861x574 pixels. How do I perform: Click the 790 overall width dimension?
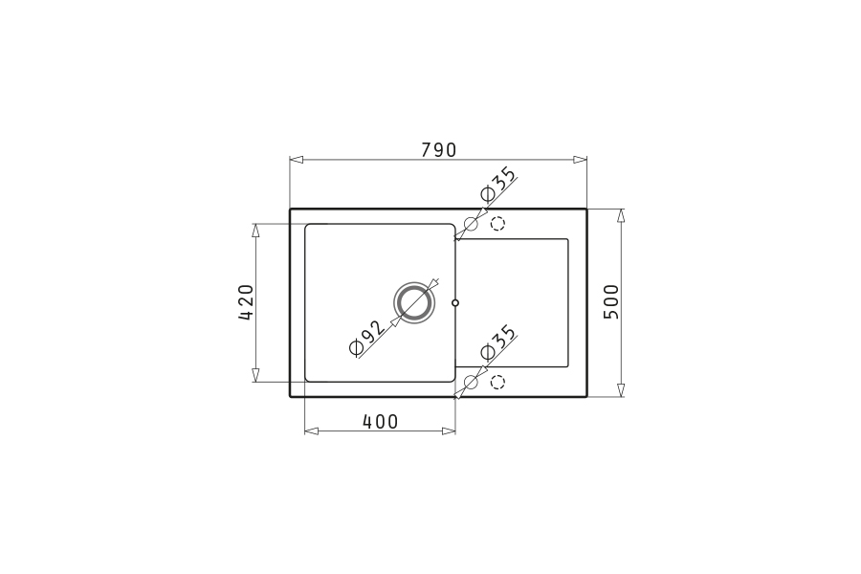(x=438, y=149)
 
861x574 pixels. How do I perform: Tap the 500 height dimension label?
(x=610, y=301)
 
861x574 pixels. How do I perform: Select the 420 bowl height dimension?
(x=246, y=302)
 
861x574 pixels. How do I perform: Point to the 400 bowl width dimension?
(x=380, y=421)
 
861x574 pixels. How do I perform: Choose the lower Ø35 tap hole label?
(x=498, y=342)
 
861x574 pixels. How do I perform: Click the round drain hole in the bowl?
(x=414, y=302)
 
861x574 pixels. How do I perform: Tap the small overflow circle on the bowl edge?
(x=454, y=302)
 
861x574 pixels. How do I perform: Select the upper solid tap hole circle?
(x=471, y=224)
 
